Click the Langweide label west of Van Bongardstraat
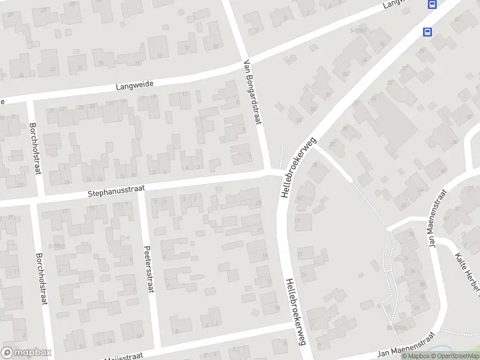coord(132,87)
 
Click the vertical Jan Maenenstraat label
coord(437,218)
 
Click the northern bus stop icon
coord(431,4)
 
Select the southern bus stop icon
coord(427,32)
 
